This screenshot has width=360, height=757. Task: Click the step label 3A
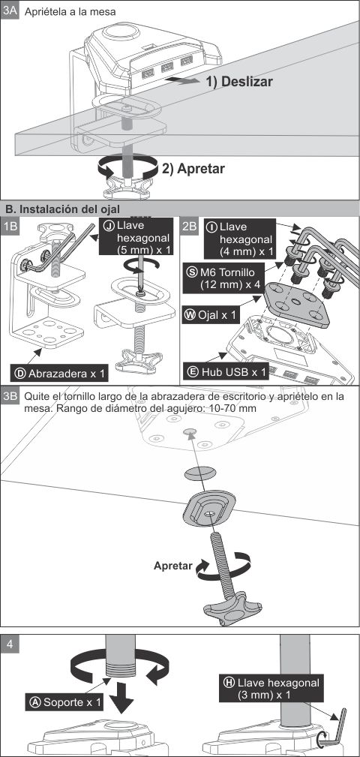coord(10,11)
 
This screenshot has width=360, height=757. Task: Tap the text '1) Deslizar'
coord(239,82)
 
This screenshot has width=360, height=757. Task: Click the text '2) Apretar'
coord(193,169)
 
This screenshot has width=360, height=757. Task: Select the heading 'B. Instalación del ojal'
coord(62,209)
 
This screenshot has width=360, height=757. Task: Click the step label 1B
coord(10,227)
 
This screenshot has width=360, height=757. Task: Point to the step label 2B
coord(190,227)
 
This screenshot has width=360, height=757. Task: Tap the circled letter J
coord(109,226)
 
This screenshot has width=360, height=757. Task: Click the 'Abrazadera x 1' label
coord(59,373)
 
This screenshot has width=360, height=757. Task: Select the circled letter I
coord(211,227)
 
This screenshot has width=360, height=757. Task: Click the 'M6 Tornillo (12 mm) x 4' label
coord(223,278)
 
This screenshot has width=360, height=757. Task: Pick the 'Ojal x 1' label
coord(210,315)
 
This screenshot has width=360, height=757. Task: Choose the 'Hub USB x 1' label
coord(226,371)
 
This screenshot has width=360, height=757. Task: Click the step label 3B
coord(10,397)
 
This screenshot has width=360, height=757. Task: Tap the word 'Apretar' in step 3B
coord(173,566)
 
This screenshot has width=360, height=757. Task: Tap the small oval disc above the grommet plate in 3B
coord(199,473)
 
